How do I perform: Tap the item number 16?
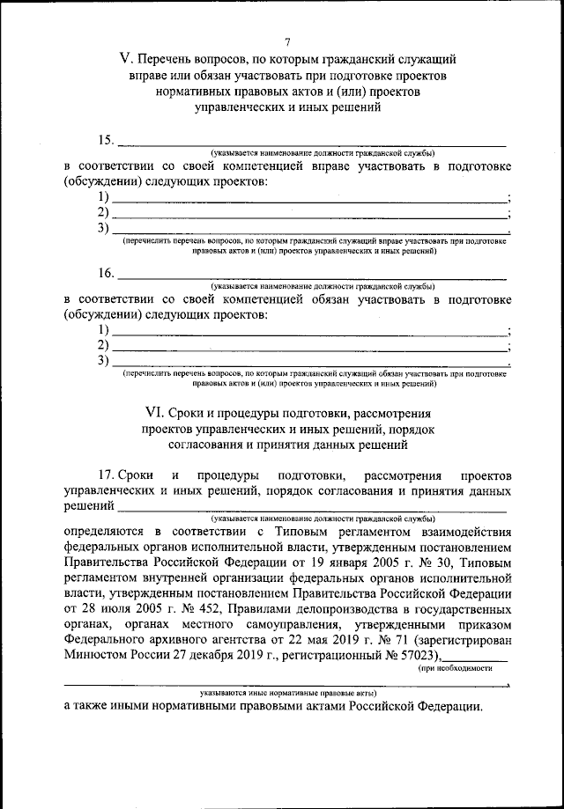(106, 275)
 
